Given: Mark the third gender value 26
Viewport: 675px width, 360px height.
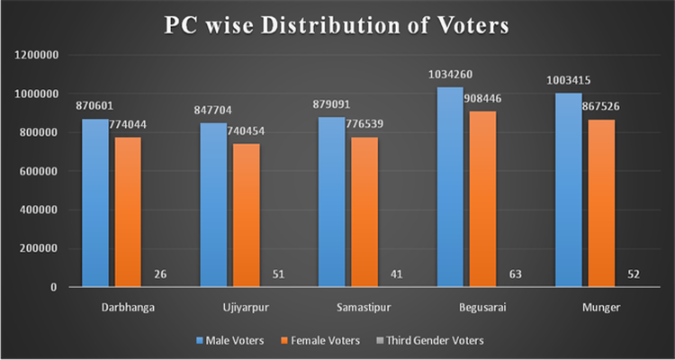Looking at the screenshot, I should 159,274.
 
